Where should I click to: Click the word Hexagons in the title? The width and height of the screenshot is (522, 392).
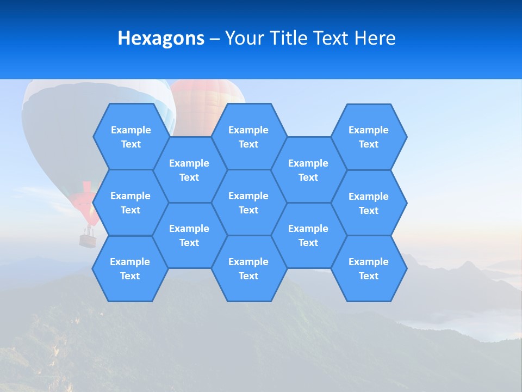[x=161, y=38]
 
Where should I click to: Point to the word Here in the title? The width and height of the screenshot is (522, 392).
[x=375, y=38]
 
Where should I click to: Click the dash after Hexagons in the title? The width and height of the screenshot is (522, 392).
[x=214, y=38]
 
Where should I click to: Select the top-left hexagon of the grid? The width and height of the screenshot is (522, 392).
[x=130, y=137]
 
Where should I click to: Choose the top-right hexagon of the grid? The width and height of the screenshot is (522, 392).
[x=369, y=137]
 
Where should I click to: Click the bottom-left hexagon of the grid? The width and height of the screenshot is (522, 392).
[x=130, y=268]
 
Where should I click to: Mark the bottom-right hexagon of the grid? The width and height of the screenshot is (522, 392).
[x=369, y=268]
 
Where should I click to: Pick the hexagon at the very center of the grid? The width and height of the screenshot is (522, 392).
[x=248, y=203]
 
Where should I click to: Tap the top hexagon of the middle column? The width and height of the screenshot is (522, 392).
[x=248, y=137]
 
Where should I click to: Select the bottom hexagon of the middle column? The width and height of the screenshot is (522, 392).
[x=248, y=268]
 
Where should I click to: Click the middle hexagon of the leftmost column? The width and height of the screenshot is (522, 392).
[x=130, y=203]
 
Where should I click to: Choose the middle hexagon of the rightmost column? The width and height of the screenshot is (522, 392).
[x=369, y=203]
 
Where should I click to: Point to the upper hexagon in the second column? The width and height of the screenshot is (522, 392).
[x=189, y=170]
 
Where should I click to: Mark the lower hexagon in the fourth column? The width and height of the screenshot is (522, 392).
[x=308, y=235]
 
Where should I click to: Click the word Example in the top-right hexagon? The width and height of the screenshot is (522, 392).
[x=369, y=130]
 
